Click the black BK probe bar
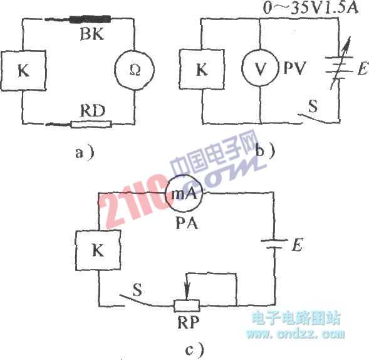pos(90,19)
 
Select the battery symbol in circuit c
pos(274,244)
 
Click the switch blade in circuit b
pos(313,119)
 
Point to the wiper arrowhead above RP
pos(187,294)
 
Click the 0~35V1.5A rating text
pos(311,8)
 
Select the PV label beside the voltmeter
pos(294,68)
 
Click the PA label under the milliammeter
pos(187,223)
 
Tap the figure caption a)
pos(85,153)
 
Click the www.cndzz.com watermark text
pos(296,334)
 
